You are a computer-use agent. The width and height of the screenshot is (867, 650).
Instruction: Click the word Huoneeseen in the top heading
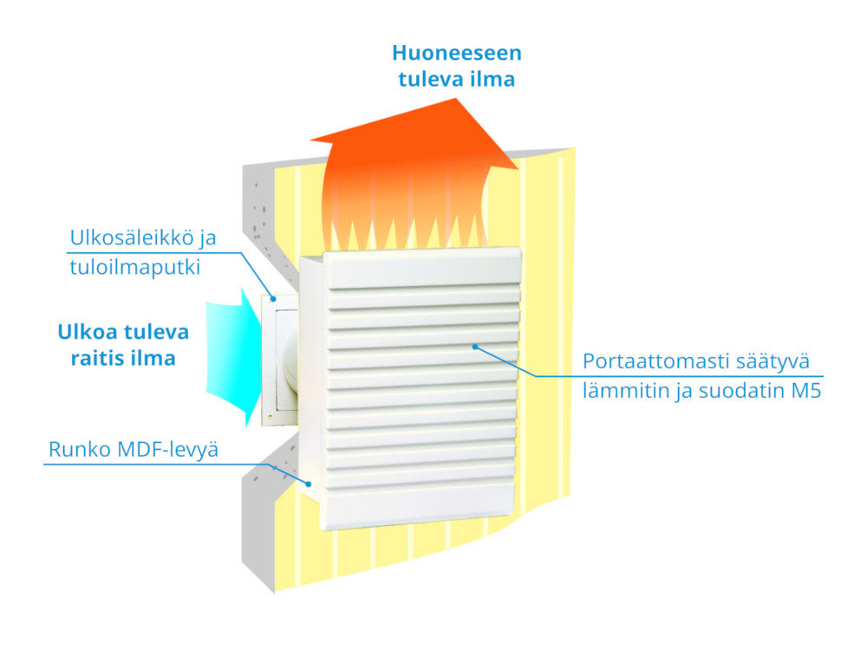click(x=457, y=53)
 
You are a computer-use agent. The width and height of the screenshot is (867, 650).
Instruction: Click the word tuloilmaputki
click(x=135, y=267)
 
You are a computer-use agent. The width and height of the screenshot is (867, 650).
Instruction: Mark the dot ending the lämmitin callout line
click(x=475, y=347)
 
